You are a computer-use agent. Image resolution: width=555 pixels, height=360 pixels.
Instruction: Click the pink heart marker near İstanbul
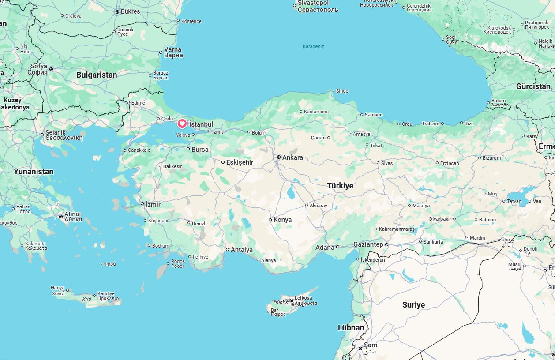[x=182, y=124]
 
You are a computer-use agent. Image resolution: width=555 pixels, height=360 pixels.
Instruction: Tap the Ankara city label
[x=292, y=157]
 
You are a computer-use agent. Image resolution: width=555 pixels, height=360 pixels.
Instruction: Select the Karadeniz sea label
[x=313, y=46]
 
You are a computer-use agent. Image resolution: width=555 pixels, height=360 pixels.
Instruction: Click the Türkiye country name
[x=340, y=186]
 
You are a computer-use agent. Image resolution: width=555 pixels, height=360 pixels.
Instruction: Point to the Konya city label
[x=282, y=220]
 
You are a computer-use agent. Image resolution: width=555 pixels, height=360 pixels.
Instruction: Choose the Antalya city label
[x=242, y=250]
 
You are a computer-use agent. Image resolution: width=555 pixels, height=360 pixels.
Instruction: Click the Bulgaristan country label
[x=97, y=75]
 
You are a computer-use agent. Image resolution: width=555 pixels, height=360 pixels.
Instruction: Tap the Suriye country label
[x=413, y=305]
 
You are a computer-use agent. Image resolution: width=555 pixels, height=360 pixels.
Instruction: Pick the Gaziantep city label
[x=368, y=244]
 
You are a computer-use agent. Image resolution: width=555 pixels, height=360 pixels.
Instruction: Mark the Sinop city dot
[x=334, y=91]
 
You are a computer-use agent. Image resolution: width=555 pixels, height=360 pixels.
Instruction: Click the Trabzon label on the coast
[x=430, y=124]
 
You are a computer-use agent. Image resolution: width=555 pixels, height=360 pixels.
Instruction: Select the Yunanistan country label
[x=34, y=172]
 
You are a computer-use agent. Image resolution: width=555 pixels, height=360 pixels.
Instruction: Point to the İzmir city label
[x=153, y=205]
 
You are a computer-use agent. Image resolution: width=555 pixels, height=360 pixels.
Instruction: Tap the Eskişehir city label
[x=240, y=162]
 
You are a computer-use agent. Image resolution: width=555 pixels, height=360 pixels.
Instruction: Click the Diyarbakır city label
[x=440, y=219]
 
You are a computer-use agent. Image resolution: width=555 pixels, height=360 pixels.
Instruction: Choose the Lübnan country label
[x=351, y=328]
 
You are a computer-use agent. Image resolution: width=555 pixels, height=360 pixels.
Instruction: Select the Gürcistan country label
[x=534, y=86]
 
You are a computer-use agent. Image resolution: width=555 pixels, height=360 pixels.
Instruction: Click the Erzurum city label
[x=491, y=158]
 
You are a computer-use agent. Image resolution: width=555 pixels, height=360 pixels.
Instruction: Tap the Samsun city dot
[x=362, y=115]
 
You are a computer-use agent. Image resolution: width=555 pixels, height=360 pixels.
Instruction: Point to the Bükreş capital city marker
[x=117, y=12]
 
